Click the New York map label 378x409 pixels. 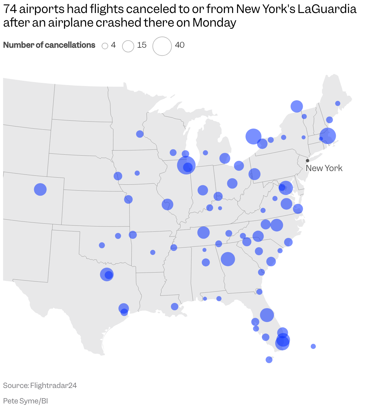pyautogui.click(x=324, y=168)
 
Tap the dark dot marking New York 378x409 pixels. pyautogui.click(x=307, y=161)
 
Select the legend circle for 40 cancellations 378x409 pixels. pyautogui.click(x=162, y=46)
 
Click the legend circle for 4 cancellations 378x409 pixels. pyautogui.click(x=105, y=46)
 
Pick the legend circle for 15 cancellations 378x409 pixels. pyautogui.click(x=128, y=46)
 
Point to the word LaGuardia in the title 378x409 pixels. pyautogui.click(x=327, y=9)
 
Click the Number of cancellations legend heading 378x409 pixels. pyautogui.click(x=49, y=45)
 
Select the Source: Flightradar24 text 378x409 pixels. pyautogui.click(x=40, y=385)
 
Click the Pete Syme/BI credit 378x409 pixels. pyautogui.click(x=25, y=401)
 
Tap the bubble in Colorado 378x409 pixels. pyautogui.click(x=40, y=189)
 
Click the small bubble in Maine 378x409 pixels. pyautogui.click(x=338, y=103)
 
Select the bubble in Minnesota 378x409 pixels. pyautogui.click(x=140, y=134)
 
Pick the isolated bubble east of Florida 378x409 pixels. pyautogui.click(x=313, y=346)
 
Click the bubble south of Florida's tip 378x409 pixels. pyautogui.click(x=269, y=359)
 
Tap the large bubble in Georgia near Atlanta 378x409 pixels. pyautogui.click(x=228, y=259)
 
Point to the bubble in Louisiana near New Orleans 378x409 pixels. pyautogui.click(x=174, y=307)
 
